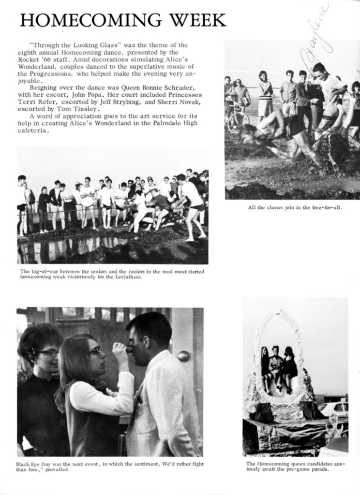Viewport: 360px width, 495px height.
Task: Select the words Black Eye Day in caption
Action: pyautogui.click(x=36, y=464)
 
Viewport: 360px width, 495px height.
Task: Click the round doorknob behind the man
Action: pyautogui.click(x=183, y=356)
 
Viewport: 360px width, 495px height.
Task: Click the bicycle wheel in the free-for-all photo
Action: pyautogui.click(x=238, y=122)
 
